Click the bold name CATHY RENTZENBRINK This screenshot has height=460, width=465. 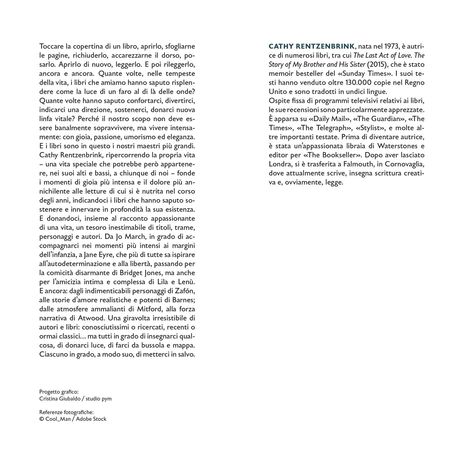(312, 47)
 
